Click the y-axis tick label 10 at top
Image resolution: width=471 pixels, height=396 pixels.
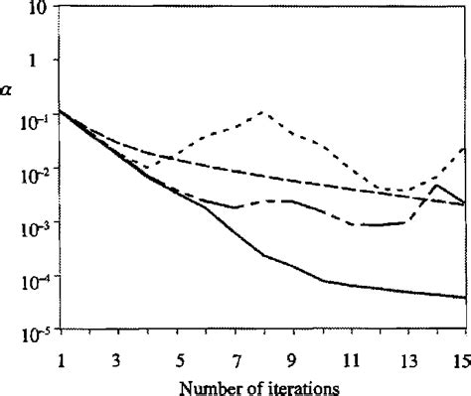(38, 9)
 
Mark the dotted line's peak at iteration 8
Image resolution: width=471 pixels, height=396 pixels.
(263, 112)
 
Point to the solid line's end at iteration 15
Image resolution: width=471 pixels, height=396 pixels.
(466, 297)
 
